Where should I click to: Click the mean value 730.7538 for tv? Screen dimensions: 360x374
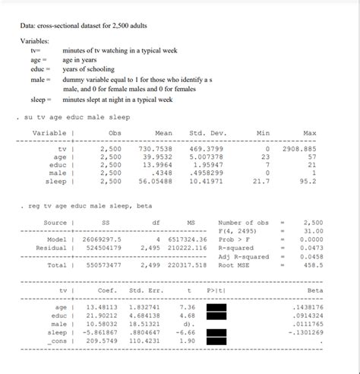[x=156, y=149]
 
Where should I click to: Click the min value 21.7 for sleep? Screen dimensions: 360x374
[x=261, y=182]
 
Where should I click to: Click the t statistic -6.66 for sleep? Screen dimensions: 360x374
[x=186, y=332]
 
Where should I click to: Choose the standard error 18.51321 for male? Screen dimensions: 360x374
[x=144, y=324]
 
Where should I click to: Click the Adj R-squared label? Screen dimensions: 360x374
[x=243, y=256]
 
